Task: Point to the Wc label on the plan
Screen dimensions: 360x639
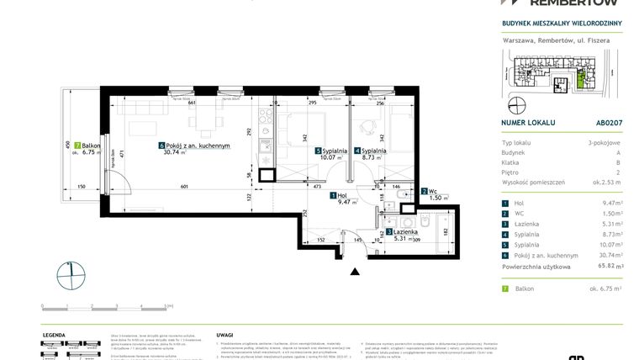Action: click(x=435, y=191)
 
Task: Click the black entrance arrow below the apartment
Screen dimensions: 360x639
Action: click(x=355, y=271)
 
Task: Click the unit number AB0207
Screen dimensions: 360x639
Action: click(x=609, y=122)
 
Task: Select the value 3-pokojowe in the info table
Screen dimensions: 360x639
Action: click(x=604, y=146)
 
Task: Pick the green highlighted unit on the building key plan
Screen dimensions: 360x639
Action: click(x=583, y=82)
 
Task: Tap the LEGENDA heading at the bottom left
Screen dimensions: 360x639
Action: click(x=55, y=333)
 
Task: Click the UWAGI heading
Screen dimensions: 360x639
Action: click(x=224, y=333)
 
